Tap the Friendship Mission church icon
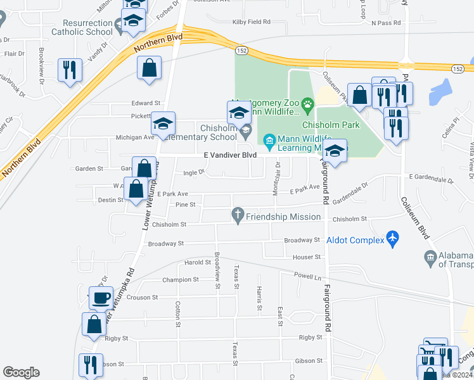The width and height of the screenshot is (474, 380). tap(238, 216)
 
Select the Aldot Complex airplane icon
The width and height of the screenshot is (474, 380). tap(393, 239)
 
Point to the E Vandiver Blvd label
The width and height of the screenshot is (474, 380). tap(230, 155)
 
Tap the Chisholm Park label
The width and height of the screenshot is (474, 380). tap(331, 125)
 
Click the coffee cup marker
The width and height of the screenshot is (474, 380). tap(101, 296)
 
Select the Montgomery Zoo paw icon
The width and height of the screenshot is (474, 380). tap(307, 103)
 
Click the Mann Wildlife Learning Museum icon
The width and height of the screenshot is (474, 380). tap(269, 140)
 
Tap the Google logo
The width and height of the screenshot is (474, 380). tap(21, 372)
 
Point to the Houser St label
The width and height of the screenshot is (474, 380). tap(307, 256)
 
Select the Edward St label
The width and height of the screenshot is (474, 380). tap(146, 103)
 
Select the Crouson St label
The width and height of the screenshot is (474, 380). tap(143, 297)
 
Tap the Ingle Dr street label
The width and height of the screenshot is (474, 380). tap(194, 172)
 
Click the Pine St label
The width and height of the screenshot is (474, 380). tap(185, 205)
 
